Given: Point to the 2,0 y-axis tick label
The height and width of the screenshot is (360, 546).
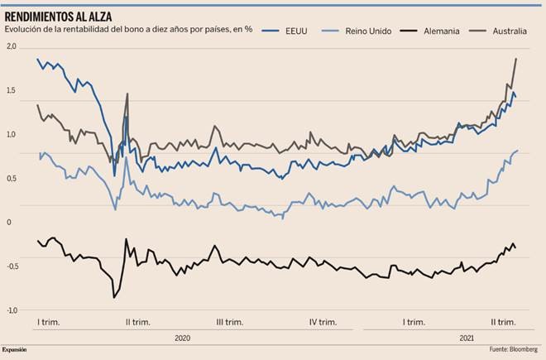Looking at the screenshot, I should tap(11, 47).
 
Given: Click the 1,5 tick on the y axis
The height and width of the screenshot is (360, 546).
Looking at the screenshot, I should tap(11, 91).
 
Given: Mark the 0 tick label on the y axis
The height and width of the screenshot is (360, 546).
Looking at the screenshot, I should tap(9, 223).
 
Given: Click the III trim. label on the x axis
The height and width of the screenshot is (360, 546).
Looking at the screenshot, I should tap(229, 322).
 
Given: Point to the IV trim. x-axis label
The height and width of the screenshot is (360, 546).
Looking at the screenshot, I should tap(323, 322).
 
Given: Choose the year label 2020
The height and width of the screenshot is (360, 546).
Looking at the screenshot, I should tap(184, 338).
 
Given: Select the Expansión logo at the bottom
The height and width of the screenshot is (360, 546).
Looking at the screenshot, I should tap(14, 349).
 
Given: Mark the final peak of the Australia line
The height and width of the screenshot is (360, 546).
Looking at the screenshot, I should tap(516, 59).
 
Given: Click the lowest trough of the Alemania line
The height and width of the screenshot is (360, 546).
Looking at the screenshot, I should tap(114, 297).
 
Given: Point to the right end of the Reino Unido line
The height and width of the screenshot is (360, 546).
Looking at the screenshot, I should tap(518, 151).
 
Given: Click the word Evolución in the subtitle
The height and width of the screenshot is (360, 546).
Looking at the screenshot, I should tap(24, 31).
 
